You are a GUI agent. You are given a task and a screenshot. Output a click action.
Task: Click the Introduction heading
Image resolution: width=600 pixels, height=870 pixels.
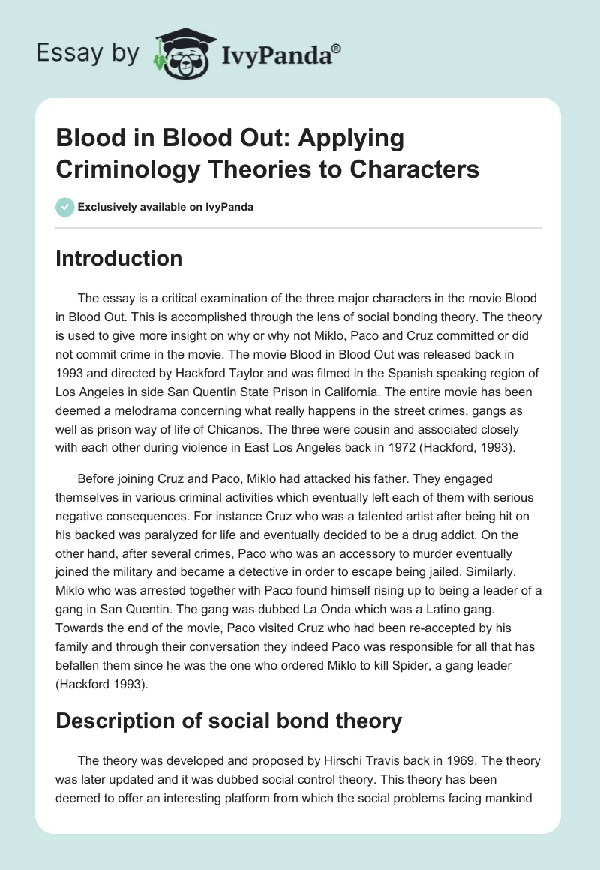(x=118, y=258)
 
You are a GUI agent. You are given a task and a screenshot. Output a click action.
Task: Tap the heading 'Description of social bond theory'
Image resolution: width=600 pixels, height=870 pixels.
(x=229, y=721)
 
